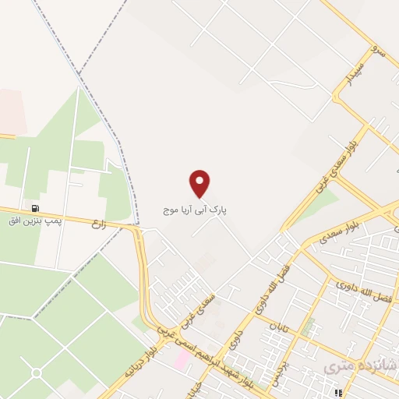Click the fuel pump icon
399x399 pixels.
tap(36, 209)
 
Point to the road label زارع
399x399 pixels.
tap(98, 223)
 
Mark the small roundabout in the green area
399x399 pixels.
tap(36, 373)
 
